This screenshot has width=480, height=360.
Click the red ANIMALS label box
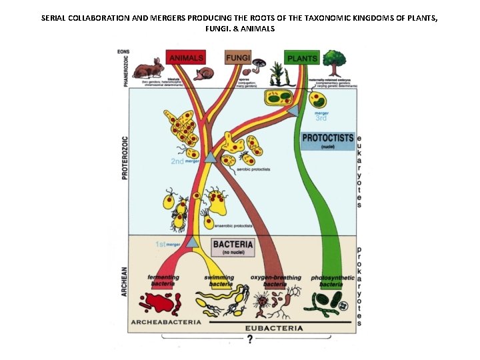(x=186, y=59)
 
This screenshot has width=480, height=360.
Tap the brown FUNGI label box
(x=237, y=58)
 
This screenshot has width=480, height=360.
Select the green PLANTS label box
(x=301, y=58)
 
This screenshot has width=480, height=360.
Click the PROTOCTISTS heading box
(x=327, y=139)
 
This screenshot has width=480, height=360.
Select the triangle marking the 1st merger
(x=191, y=243)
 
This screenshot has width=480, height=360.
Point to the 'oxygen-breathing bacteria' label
(x=275, y=280)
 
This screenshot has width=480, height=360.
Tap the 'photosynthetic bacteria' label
(x=330, y=280)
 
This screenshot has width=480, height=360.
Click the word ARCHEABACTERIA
(x=165, y=321)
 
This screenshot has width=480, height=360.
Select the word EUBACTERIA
(x=273, y=328)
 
